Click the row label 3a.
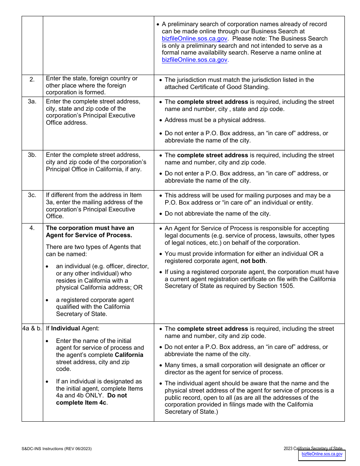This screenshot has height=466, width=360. coord(32,102)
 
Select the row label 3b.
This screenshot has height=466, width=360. coord(32,155)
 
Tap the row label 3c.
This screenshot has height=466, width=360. coord(32,195)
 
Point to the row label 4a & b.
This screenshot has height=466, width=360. coord(32,328)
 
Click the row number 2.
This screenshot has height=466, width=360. coord(32,79)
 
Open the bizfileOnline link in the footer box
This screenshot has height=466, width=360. coord(322,454)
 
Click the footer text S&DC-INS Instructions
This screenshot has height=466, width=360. coord(56,449)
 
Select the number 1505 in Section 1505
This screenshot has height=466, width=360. coord(286,286)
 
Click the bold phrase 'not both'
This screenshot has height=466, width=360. coord(253,261)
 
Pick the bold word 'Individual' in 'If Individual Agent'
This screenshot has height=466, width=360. coord(66,328)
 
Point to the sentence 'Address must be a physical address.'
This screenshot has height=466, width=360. coord(215,120)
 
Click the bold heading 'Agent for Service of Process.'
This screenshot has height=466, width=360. coord(89,235)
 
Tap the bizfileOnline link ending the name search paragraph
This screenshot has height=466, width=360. coord(194,60)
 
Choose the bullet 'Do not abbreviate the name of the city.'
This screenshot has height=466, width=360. coord(218,214)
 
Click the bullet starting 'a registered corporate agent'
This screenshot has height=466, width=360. coord(95,300)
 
